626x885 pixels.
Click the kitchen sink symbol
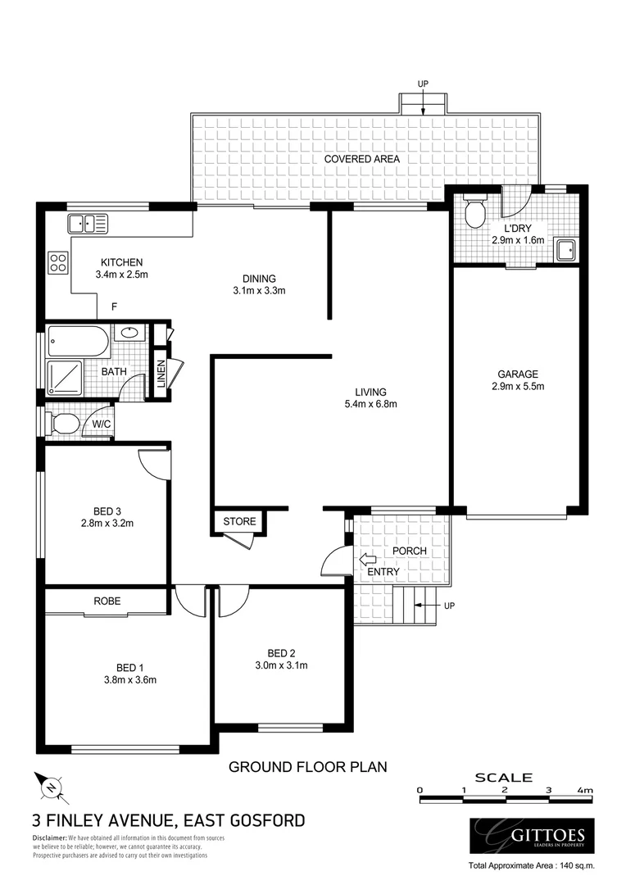pyautogui.click(x=88, y=222)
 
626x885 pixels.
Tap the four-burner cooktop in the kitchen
pyautogui.click(x=58, y=262)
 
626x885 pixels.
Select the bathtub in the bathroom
pyautogui.click(x=77, y=339)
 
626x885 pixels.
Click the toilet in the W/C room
pyautogui.click(x=66, y=424)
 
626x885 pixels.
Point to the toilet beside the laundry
pyautogui.click(x=474, y=214)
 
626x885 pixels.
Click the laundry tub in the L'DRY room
pyautogui.click(x=566, y=250)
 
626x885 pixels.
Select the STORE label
pyautogui.click(x=239, y=521)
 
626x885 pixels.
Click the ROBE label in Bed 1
pyautogui.click(x=107, y=601)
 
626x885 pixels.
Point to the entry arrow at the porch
pyautogui.click(x=365, y=560)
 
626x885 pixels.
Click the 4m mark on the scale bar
pyautogui.click(x=583, y=790)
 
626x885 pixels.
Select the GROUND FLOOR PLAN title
pyautogui.click(x=307, y=767)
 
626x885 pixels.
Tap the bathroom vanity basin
pyautogui.click(x=128, y=333)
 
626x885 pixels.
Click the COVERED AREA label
pyautogui.click(x=361, y=159)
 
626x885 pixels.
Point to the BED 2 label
pyautogui.click(x=281, y=653)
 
